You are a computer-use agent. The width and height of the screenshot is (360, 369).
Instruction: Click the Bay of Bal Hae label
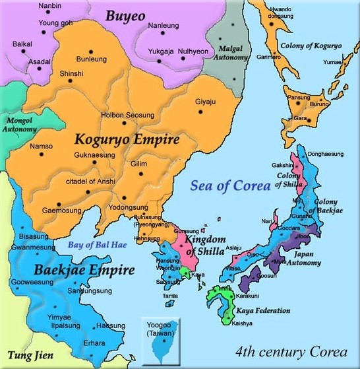(100, 246)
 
